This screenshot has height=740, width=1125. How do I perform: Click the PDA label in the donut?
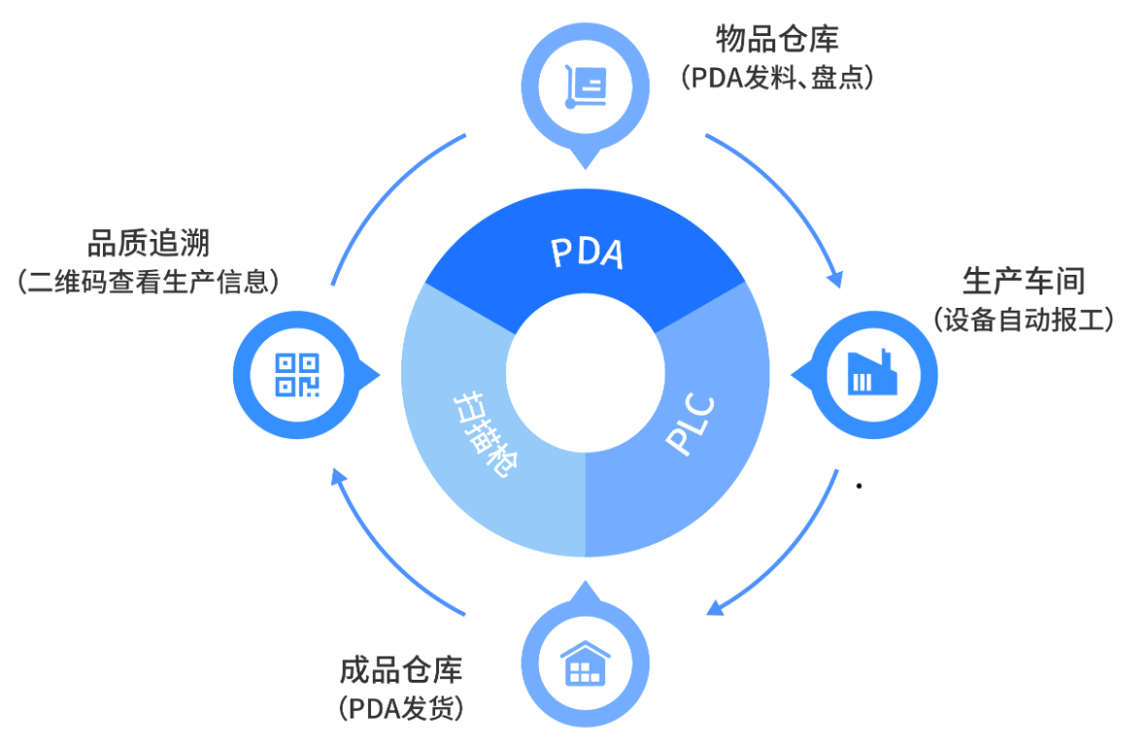[x=586, y=253]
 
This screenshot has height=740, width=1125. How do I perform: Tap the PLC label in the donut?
[x=691, y=423]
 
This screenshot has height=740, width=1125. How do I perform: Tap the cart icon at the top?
[x=586, y=84]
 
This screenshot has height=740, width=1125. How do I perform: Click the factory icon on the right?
[x=872, y=371]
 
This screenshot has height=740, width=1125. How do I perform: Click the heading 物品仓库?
[x=777, y=40]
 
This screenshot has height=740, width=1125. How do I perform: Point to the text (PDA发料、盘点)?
[x=777, y=77]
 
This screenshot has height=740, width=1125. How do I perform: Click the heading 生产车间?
[x=1023, y=282]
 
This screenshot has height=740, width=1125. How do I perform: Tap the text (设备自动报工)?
[x=1023, y=320]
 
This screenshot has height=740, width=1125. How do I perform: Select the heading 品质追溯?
[x=149, y=243]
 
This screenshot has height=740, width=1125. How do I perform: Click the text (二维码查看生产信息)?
[x=149, y=282]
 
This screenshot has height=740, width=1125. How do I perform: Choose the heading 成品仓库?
[x=401, y=671]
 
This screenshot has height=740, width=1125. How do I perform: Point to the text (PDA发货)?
[x=401, y=708]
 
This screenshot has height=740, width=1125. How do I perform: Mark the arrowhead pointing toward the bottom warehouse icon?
[x=715, y=609]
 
